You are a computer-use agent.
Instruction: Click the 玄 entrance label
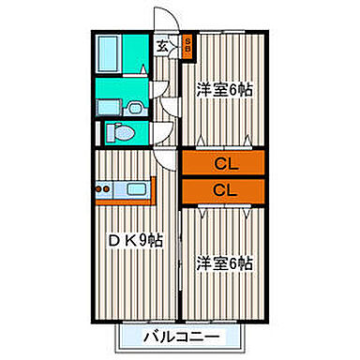pyautogui.click(x=161, y=45)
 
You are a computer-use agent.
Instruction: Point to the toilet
pyautogui.click(x=120, y=132)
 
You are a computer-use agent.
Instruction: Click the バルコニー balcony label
pyautogui.click(x=182, y=336)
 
